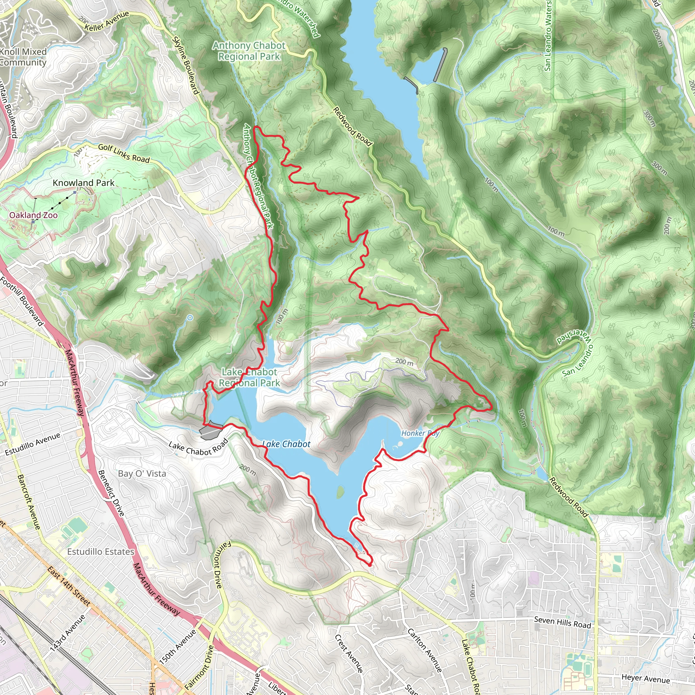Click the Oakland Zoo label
coord(34,215)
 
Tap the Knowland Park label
coord(83,183)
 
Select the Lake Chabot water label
coord(286,444)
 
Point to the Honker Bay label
coord(420,433)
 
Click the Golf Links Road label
coord(124,153)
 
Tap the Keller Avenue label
coord(107,20)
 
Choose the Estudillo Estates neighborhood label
coord(101,552)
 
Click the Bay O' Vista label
coord(142,474)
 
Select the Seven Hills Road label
coord(562,622)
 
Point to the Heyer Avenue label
coord(646,678)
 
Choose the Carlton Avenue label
coord(425,651)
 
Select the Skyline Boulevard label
coord(186,65)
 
